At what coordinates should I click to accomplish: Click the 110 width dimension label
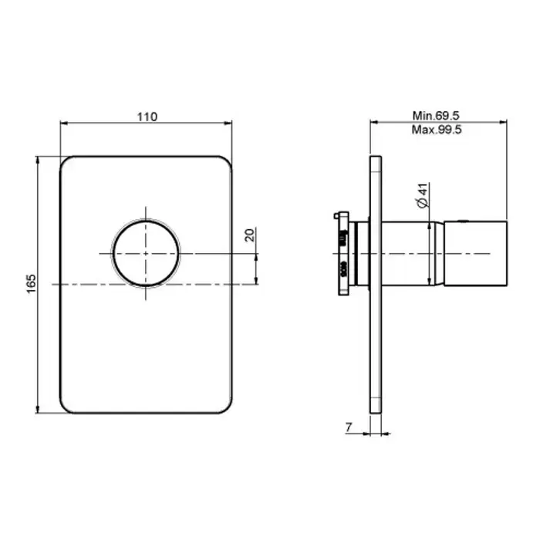[147, 116]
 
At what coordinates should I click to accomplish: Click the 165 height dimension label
[31, 284]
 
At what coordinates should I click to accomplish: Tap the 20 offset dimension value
[250, 235]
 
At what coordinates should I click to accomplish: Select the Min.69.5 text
[436, 116]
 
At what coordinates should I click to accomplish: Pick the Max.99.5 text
[437, 130]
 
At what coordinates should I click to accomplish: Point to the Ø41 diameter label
[423, 195]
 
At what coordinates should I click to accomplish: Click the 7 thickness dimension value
[349, 427]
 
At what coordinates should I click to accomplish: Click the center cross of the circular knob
[146, 254]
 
